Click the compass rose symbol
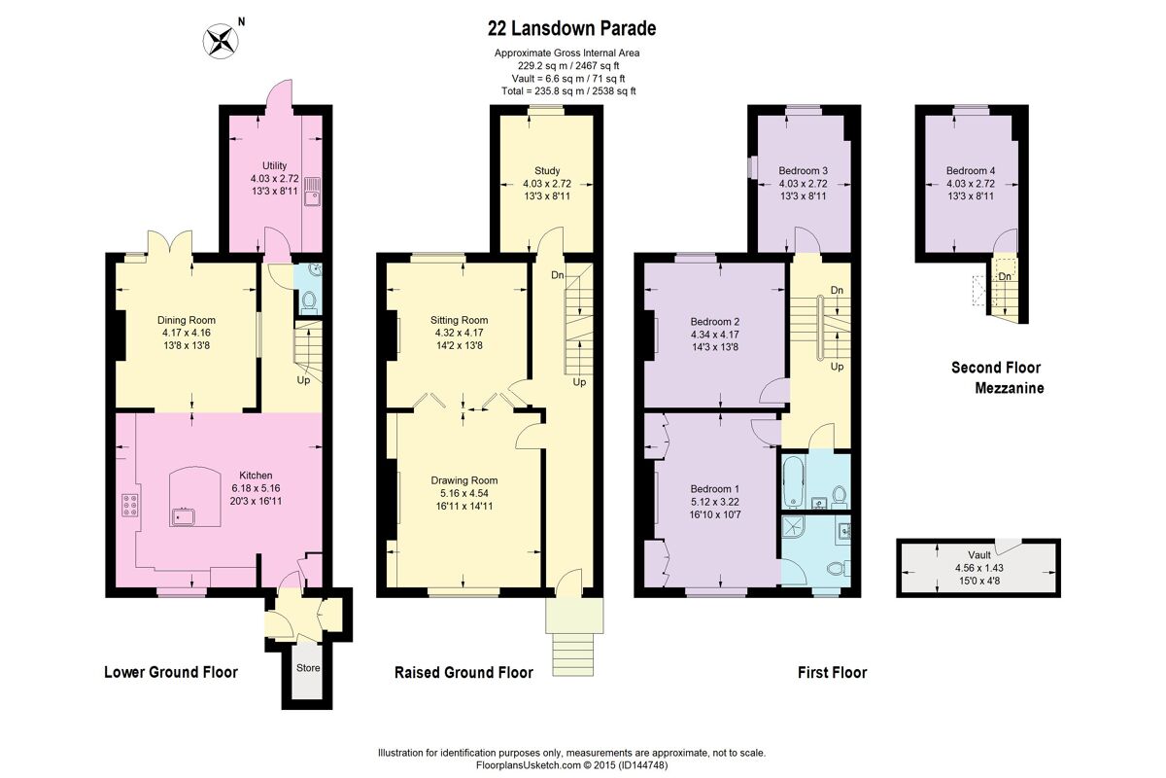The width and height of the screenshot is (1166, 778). pyautogui.click(x=221, y=41)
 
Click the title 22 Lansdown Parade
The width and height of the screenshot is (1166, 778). pyautogui.click(x=571, y=28)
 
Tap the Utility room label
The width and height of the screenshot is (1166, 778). pyautogui.click(x=274, y=165)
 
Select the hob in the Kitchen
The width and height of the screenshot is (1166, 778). pyautogui.click(x=130, y=505)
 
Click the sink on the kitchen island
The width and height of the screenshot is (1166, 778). pyautogui.click(x=183, y=516)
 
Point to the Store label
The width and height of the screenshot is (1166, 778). pyautogui.click(x=308, y=667)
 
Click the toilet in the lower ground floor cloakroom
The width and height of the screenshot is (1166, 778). pyautogui.click(x=309, y=301)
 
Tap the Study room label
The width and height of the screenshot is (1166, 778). pyautogui.click(x=547, y=170)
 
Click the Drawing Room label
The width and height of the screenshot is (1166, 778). pyautogui.click(x=463, y=480)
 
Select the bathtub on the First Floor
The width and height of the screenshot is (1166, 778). pyautogui.click(x=793, y=482)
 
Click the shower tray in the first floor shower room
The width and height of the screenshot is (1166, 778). pyautogui.click(x=793, y=529)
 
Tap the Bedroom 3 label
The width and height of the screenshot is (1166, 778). pyautogui.click(x=803, y=170)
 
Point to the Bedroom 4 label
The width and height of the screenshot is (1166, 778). pyautogui.click(x=971, y=170)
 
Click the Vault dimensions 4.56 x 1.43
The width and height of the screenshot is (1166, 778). pyautogui.click(x=978, y=568)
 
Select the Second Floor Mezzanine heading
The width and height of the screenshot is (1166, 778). pyautogui.click(x=997, y=377)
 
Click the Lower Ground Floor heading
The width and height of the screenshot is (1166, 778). pyautogui.click(x=171, y=672)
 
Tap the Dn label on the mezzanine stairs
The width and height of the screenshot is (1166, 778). pyautogui.click(x=1005, y=276)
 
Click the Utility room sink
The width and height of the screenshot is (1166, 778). pyautogui.click(x=313, y=192)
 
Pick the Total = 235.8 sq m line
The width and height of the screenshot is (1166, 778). pyautogui.click(x=568, y=91)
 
